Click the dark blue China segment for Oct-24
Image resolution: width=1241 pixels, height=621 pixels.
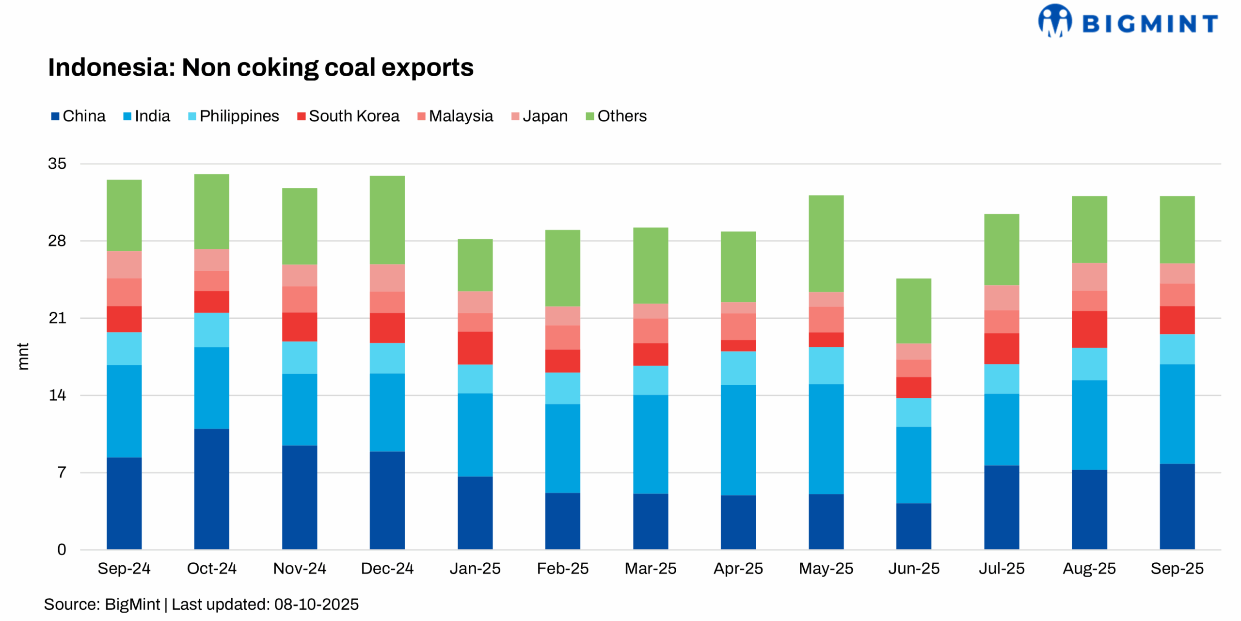[x=211, y=489]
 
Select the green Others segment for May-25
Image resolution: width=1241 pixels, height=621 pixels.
[x=826, y=244]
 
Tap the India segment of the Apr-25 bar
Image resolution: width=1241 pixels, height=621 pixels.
[x=738, y=440]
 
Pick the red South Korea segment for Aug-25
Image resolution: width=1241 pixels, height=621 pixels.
[x=1089, y=329]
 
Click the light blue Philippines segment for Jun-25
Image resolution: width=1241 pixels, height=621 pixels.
[x=913, y=412]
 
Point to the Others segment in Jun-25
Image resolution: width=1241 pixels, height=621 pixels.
[x=913, y=311]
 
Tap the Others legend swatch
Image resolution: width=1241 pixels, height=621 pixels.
[x=589, y=116]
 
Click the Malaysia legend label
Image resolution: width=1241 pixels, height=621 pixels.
[x=461, y=116]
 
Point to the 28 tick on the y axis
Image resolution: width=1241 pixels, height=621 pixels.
[x=57, y=241]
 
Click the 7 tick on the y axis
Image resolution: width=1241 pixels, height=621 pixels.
[x=61, y=472]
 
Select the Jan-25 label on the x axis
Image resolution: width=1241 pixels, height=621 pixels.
[x=475, y=568]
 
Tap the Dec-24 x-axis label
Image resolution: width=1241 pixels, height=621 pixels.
[x=387, y=568]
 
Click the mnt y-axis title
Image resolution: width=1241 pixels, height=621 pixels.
[x=23, y=357]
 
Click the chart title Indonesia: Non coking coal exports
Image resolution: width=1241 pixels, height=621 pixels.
[x=260, y=67]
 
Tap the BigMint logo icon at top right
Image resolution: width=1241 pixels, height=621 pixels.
[x=1054, y=20]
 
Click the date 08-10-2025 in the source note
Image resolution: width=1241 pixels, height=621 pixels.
[x=316, y=605]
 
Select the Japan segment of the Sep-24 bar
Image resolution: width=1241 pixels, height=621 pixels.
[x=124, y=265]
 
